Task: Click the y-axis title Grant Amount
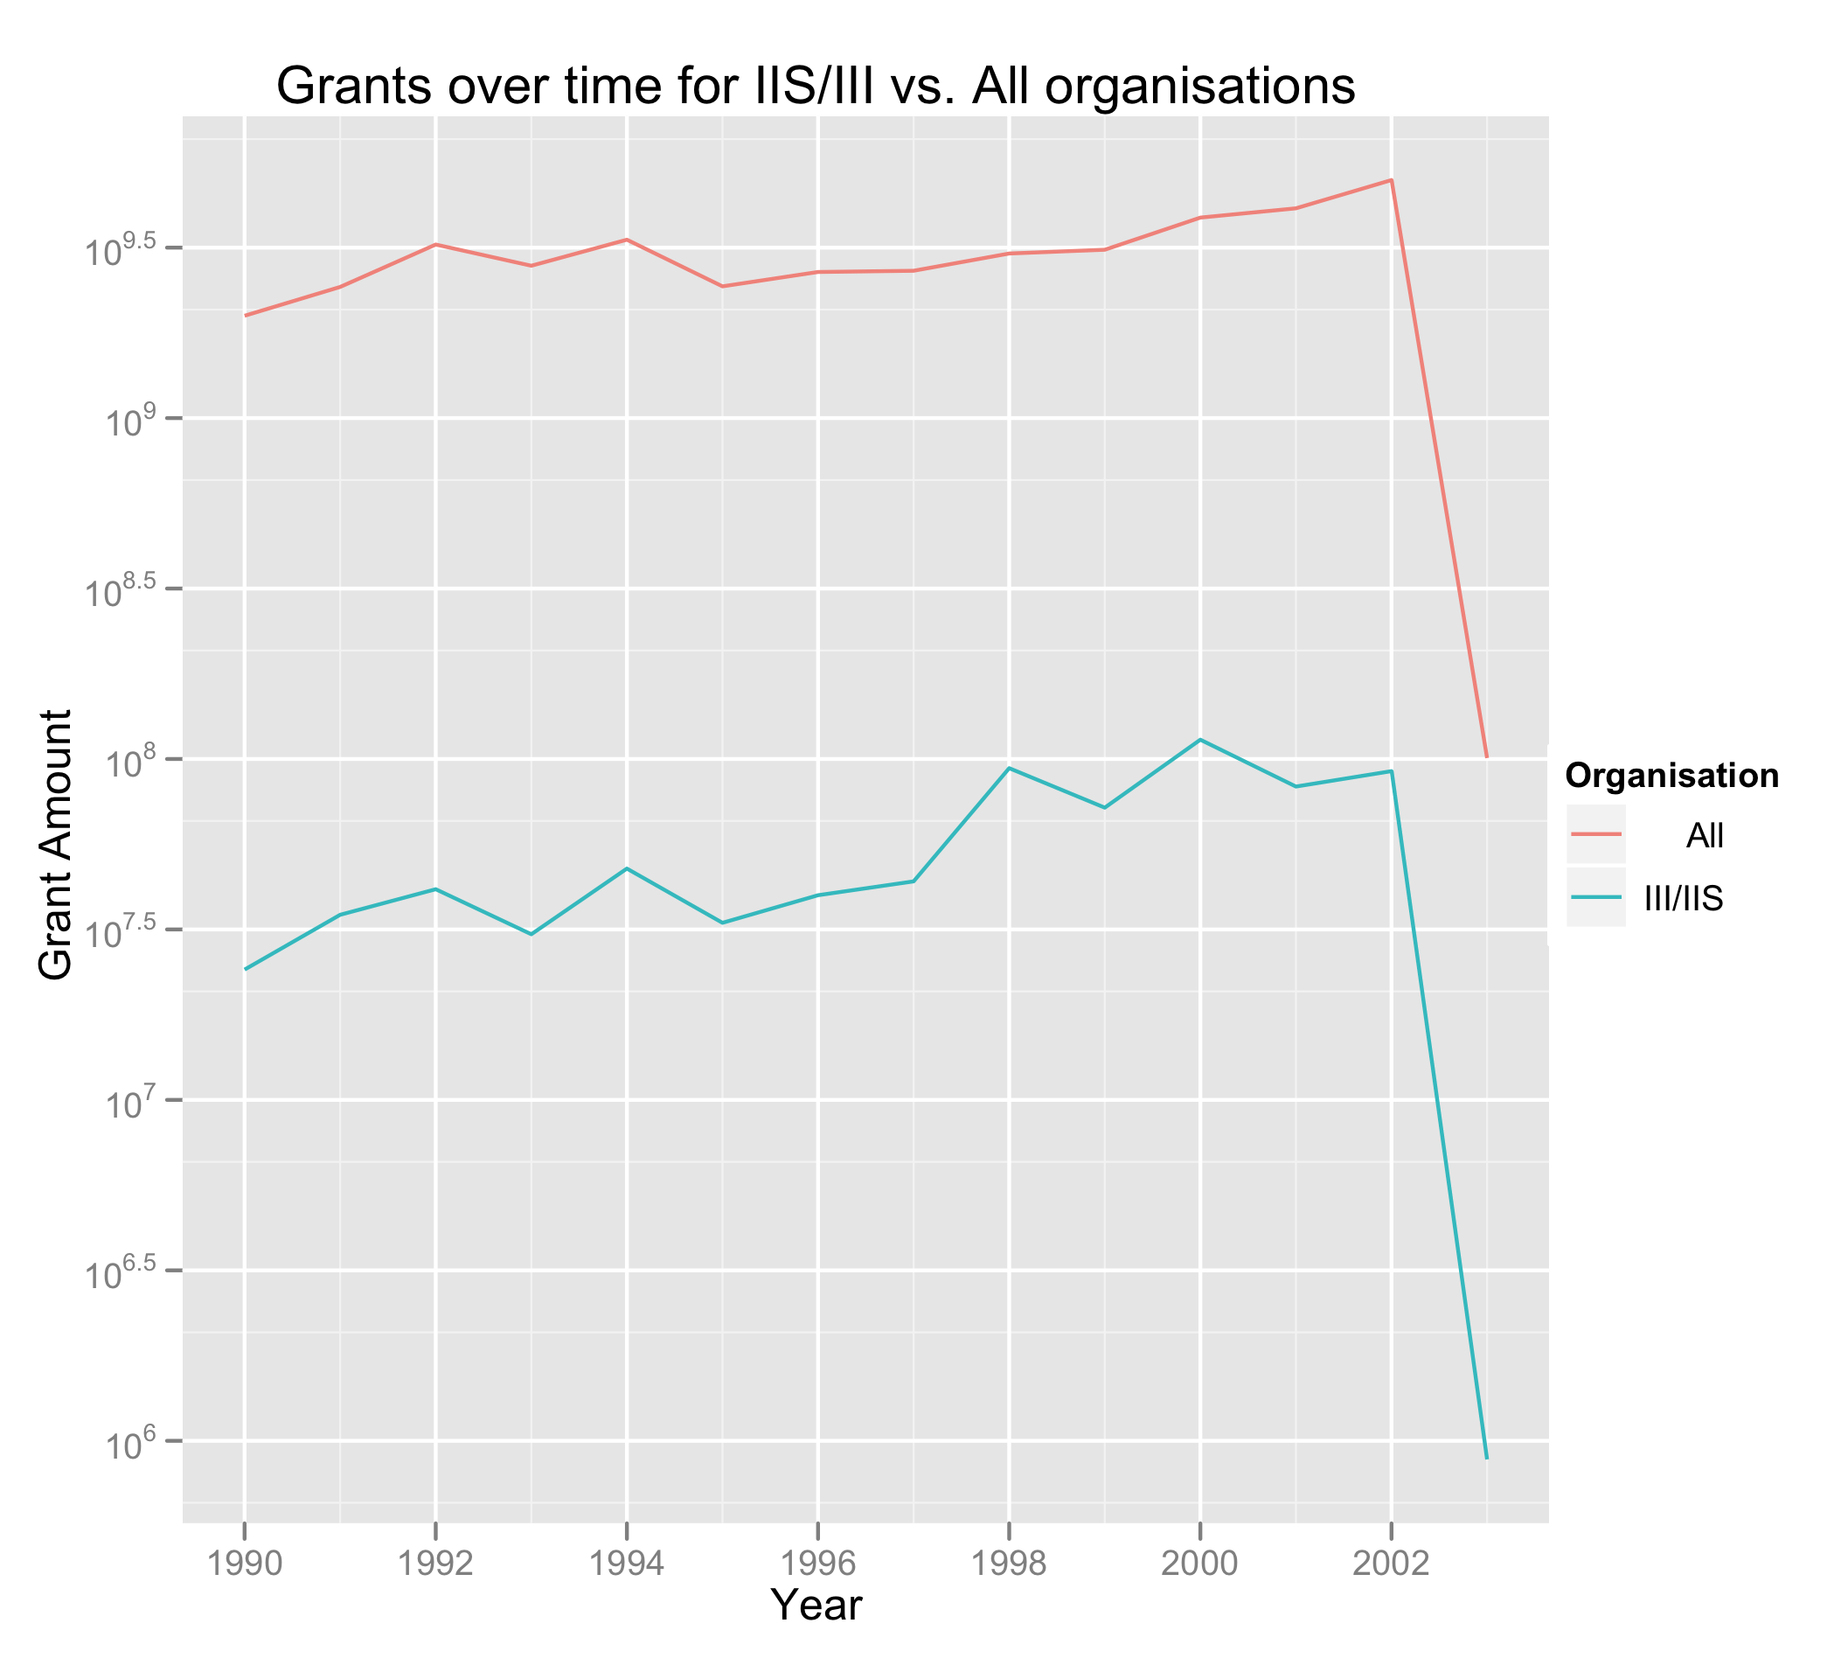(x=56, y=846)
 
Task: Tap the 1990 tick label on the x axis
(x=244, y=1564)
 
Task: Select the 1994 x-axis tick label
(x=627, y=1564)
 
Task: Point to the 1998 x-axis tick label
(x=1008, y=1564)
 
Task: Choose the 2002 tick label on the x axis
(x=1390, y=1564)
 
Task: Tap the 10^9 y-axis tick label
(x=132, y=421)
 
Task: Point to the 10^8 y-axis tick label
(x=132, y=762)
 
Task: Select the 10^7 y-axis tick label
(x=132, y=1104)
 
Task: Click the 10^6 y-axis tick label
(x=132, y=1444)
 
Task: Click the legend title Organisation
(x=1671, y=776)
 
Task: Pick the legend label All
(x=1704, y=835)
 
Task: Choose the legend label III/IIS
(x=1683, y=899)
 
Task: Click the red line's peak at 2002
(x=1391, y=180)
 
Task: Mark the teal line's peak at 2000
(x=1199, y=740)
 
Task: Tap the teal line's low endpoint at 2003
(x=1486, y=1459)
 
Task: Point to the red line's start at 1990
(x=245, y=315)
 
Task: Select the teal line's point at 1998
(x=1009, y=768)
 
